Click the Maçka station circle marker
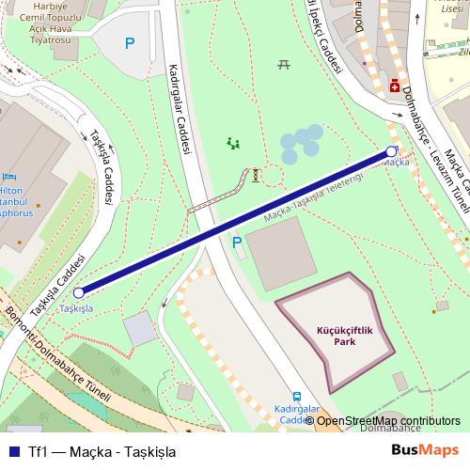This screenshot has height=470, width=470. (x=391, y=151)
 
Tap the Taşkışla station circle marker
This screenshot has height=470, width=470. (x=78, y=293)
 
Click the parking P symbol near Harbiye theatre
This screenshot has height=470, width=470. (x=130, y=42)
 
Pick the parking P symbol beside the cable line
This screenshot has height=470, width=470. (x=238, y=243)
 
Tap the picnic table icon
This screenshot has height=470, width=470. (x=283, y=64)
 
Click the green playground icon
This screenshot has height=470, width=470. (x=232, y=144)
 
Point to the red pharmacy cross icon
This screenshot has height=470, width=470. (x=394, y=86)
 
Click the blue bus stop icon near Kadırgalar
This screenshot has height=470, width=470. (x=296, y=397)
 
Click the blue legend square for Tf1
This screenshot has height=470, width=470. (x=12, y=450)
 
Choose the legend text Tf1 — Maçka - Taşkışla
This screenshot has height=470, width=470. (x=102, y=450)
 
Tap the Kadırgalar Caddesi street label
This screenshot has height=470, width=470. (x=179, y=108)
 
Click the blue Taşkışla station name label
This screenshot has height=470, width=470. (x=76, y=308)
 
